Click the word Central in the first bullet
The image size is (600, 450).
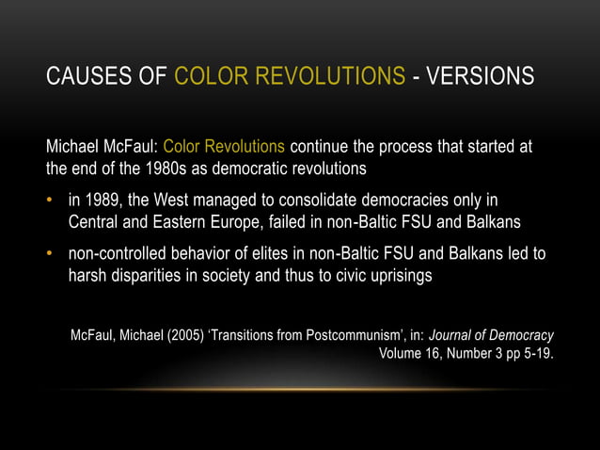95,223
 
